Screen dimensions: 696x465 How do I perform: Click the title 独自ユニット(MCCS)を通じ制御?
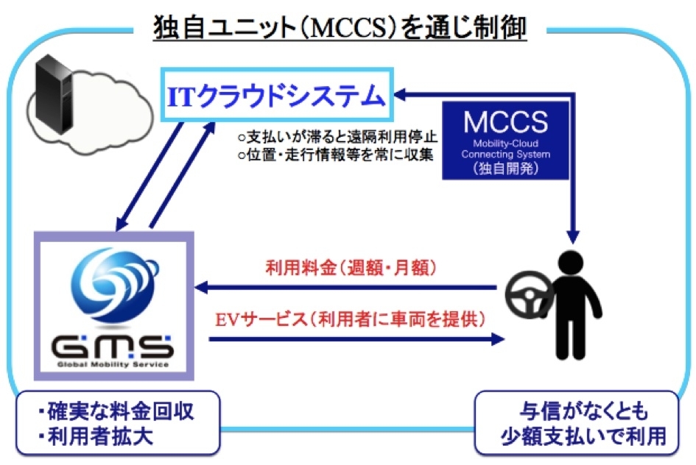point(340,27)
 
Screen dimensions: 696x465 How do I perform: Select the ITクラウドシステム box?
point(277,94)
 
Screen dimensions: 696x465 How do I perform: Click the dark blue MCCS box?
point(505,140)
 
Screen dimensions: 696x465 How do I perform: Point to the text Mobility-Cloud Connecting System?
point(505,149)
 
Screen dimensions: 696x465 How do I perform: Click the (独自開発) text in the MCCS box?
point(505,168)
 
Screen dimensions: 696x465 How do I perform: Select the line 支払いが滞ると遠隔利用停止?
point(337,137)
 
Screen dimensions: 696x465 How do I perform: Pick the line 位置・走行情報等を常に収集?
point(335,155)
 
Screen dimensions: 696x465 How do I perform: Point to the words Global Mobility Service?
point(113,365)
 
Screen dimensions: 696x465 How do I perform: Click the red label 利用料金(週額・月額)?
point(351,268)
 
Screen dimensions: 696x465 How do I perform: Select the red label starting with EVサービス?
point(351,319)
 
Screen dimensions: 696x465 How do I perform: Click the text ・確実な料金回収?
point(116,411)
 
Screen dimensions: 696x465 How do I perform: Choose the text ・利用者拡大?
point(96,436)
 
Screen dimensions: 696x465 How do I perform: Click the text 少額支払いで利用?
point(583,436)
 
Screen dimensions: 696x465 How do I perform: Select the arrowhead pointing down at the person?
point(574,237)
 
